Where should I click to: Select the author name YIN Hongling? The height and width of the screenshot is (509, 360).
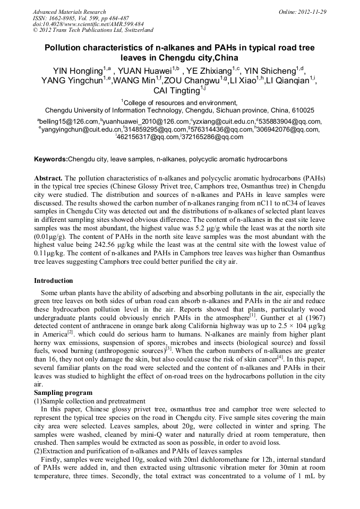[x=78, y=71]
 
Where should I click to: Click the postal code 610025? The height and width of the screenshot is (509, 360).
[x=302, y=110]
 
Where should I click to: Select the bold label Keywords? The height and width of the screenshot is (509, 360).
[x=51, y=159]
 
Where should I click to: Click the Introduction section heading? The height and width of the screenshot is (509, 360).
[x=54, y=281]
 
